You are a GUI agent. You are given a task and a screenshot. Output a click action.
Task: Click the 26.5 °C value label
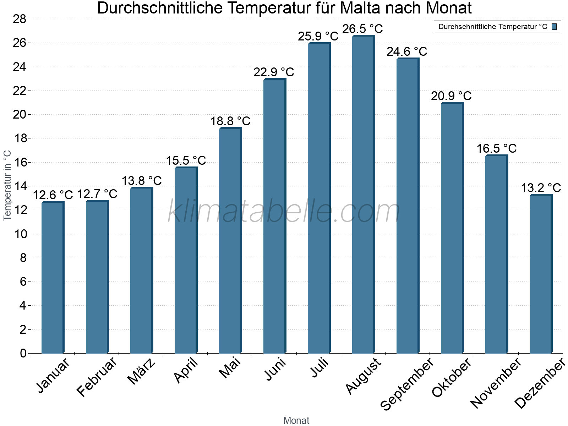(x=362, y=29)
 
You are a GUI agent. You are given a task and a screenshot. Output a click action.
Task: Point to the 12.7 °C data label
(x=97, y=194)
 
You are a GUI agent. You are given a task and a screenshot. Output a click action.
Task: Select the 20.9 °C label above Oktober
(x=451, y=96)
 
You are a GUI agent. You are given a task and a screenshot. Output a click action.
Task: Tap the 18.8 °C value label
(x=230, y=121)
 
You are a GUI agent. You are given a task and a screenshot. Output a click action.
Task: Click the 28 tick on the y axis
(x=20, y=19)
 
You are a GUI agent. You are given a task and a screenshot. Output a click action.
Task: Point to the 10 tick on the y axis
(x=20, y=234)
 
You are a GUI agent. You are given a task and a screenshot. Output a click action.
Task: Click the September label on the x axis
(x=407, y=384)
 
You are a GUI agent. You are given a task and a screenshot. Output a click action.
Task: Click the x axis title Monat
(x=296, y=421)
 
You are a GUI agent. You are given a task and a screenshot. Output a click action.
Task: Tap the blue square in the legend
(x=554, y=27)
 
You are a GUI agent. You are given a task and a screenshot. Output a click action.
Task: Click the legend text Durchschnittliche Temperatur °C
(x=493, y=27)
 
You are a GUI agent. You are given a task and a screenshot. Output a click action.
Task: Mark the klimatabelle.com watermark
(x=284, y=212)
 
